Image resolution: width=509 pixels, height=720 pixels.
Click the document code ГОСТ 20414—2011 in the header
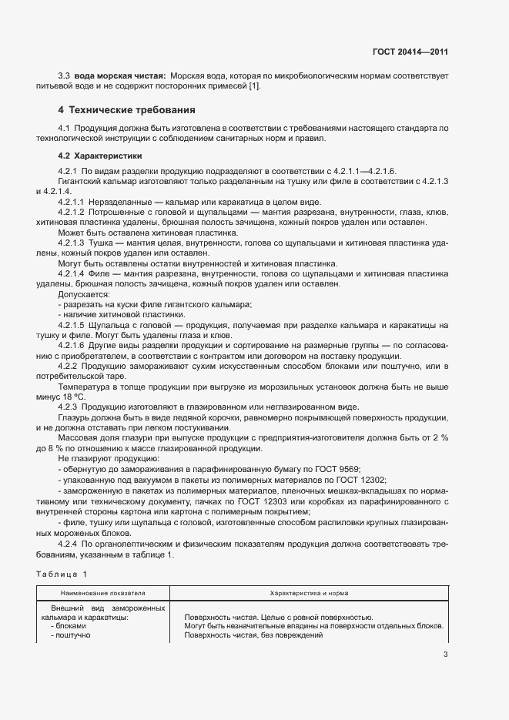coord(410,52)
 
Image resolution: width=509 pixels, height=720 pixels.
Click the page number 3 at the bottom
coord(445,655)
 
